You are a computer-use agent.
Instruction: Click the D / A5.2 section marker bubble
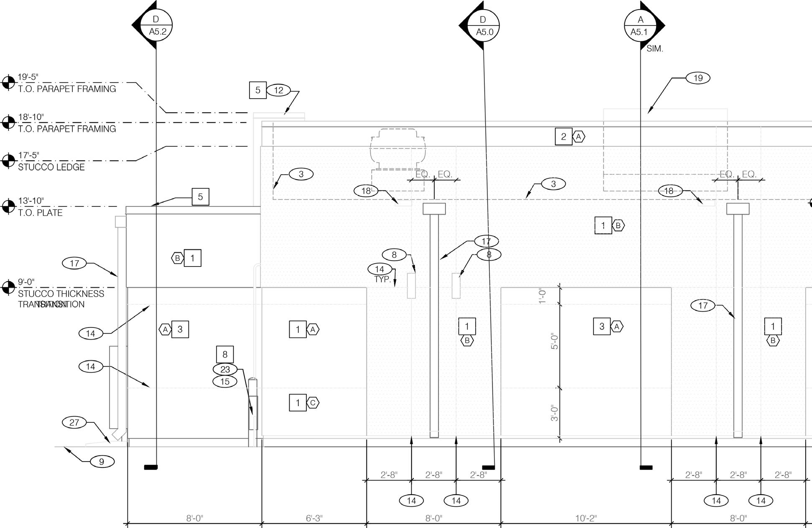tap(156, 25)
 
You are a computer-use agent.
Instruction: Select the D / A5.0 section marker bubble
tap(483, 25)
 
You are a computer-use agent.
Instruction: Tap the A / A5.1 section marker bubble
tap(640, 25)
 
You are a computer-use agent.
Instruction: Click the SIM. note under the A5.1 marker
tap(654, 49)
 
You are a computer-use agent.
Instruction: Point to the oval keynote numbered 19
tap(698, 78)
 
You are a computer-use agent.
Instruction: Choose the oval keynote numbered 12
tap(278, 90)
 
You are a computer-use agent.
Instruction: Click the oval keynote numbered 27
tap(74, 422)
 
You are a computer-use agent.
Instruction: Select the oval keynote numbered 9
tap(102, 462)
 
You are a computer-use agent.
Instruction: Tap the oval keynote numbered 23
tap(225, 369)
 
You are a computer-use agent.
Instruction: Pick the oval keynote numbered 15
tap(225, 381)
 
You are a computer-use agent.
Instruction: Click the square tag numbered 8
tap(225, 354)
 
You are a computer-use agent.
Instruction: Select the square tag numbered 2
tap(563, 137)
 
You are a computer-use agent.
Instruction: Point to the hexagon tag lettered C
tap(313, 403)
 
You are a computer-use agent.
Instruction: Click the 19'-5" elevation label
tap(28, 77)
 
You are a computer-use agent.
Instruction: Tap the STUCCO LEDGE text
tap(51, 167)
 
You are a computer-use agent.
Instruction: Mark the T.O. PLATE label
tap(40, 213)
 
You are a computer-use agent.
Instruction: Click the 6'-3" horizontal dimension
tap(314, 518)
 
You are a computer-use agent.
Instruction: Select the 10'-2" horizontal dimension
tap(586, 518)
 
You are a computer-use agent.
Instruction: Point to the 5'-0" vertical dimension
tap(555, 341)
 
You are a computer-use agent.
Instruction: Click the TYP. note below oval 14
tap(382, 279)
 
